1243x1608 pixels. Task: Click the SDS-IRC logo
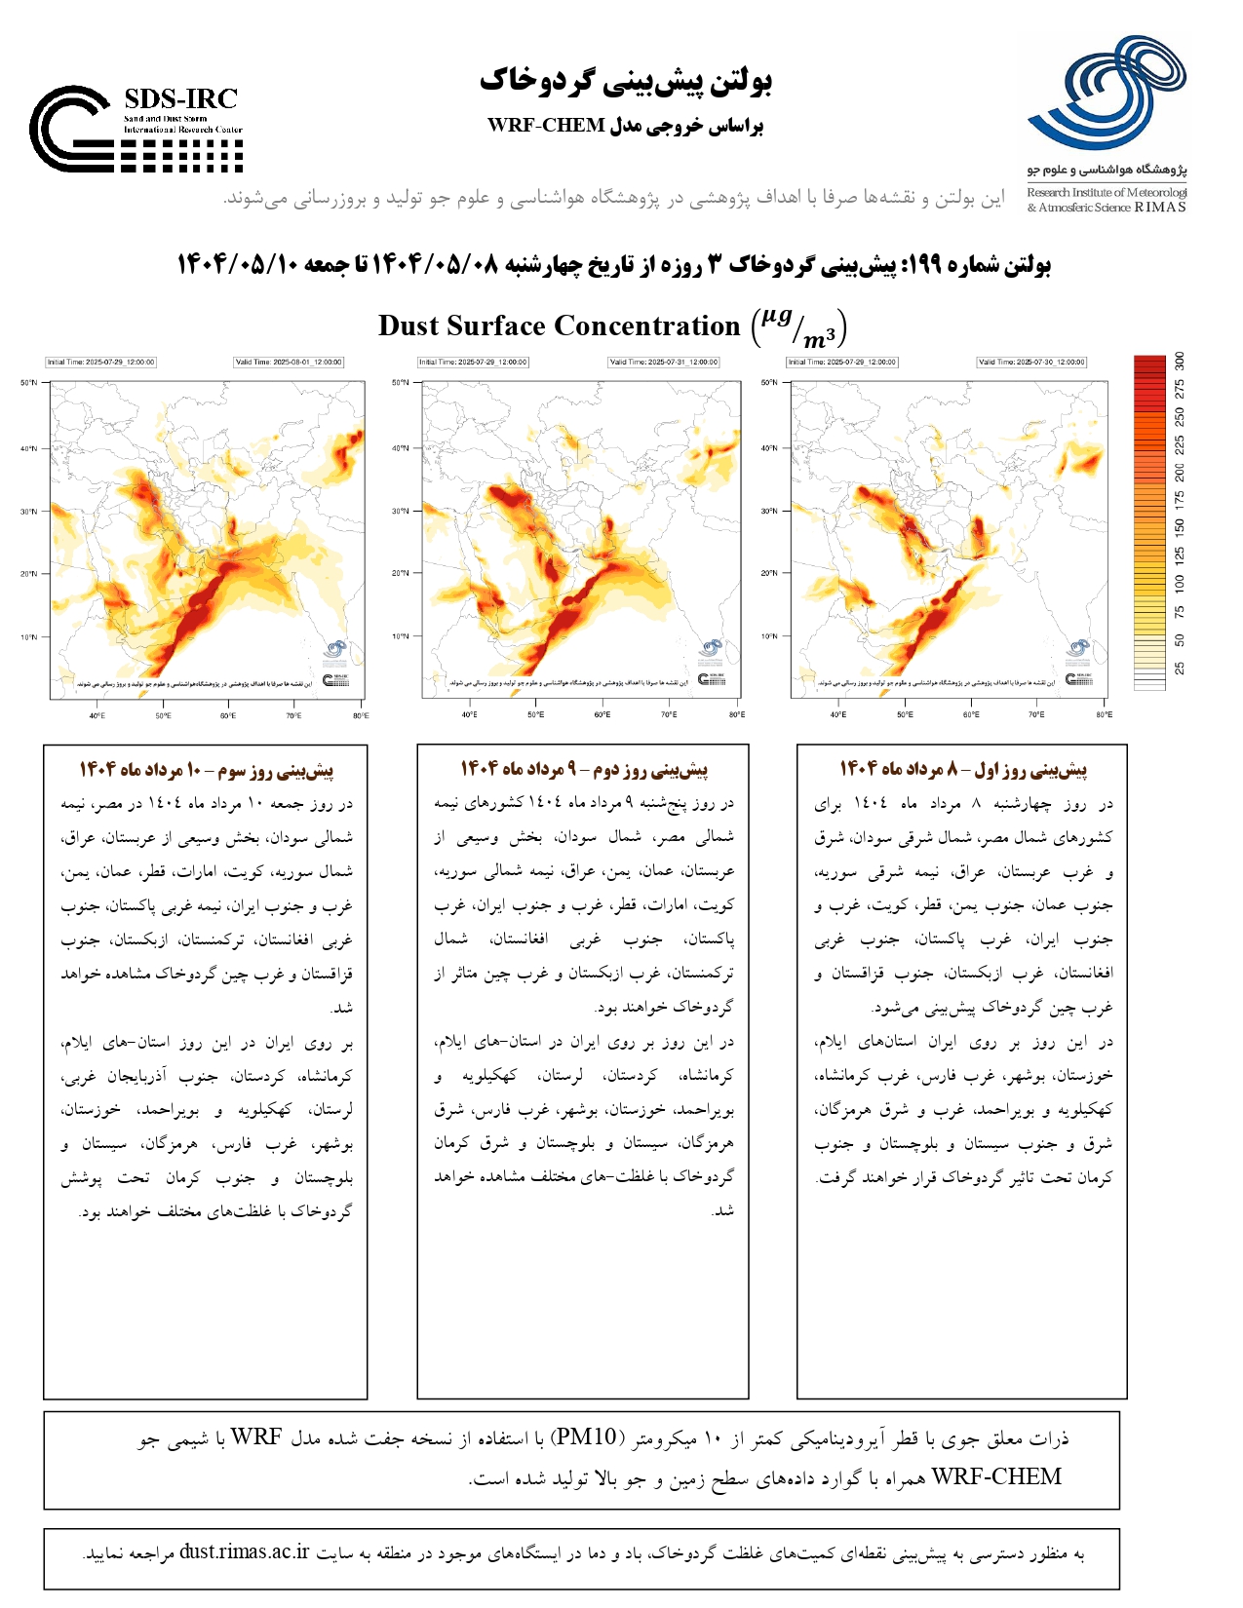pos(136,130)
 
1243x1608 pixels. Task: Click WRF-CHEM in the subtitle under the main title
pos(546,126)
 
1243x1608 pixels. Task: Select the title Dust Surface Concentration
pos(559,326)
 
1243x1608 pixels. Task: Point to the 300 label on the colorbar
pos(1180,361)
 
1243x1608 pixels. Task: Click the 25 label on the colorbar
pos(1180,669)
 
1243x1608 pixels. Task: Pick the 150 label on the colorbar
pos(1180,527)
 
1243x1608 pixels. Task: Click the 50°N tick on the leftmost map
pos(28,383)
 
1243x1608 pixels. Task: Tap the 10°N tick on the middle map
pos(401,636)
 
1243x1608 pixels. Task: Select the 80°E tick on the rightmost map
pos(1103,715)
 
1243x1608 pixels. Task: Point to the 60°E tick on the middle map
pos(602,715)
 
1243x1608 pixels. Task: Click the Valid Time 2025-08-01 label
pos(289,363)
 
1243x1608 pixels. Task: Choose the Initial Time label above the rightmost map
pos(842,363)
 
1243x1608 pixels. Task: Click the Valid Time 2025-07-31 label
pos(664,363)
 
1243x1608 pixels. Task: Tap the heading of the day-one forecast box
pos(962,770)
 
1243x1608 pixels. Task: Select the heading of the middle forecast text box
pos(583,770)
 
